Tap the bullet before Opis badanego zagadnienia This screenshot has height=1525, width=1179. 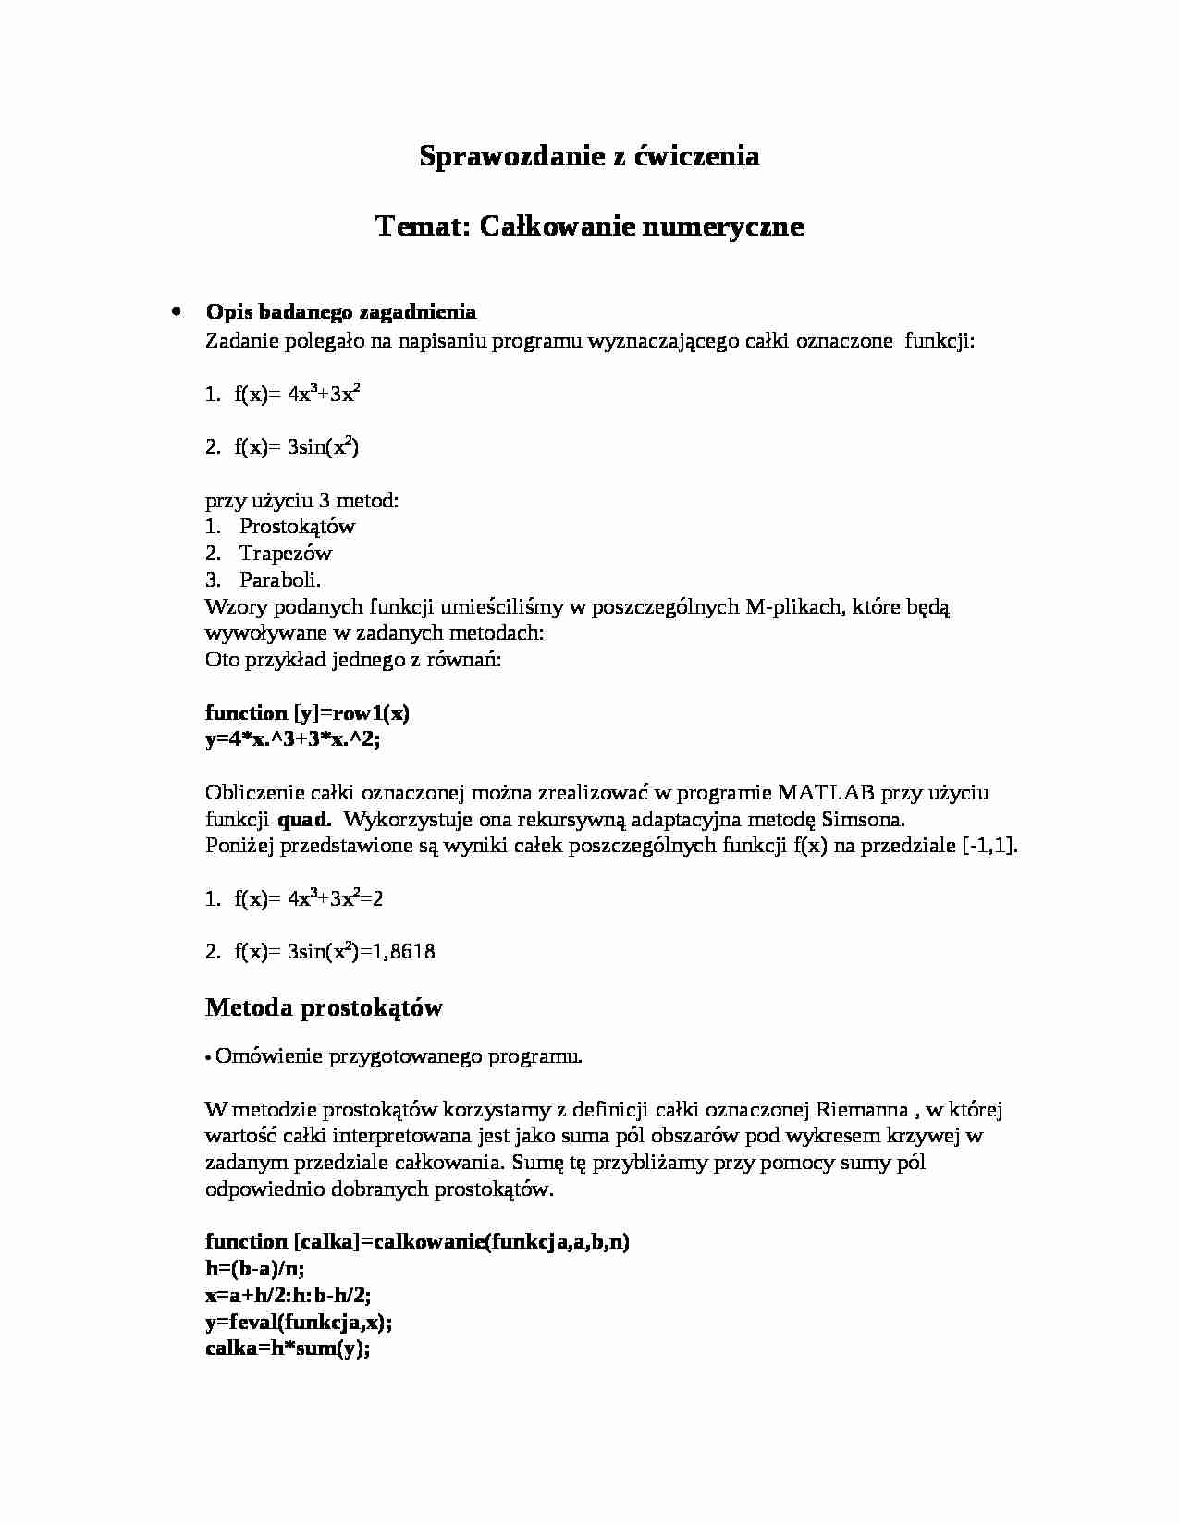click(x=175, y=311)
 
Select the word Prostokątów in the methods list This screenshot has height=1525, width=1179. click(x=297, y=527)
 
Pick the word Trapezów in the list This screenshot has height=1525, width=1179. click(x=285, y=554)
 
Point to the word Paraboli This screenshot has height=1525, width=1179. click(x=280, y=580)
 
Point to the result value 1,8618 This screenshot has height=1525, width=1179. click(x=403, y=952)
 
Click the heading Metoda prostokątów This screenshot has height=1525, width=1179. click(x=324, y=1007)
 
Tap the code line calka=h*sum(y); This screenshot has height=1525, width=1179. click(x=288, y=1349)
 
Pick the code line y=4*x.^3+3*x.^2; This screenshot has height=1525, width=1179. click(x=293, y=739)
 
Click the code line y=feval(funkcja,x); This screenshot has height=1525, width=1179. click(x=299, y=1323)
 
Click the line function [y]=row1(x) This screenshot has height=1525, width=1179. click(x=307, y=713)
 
